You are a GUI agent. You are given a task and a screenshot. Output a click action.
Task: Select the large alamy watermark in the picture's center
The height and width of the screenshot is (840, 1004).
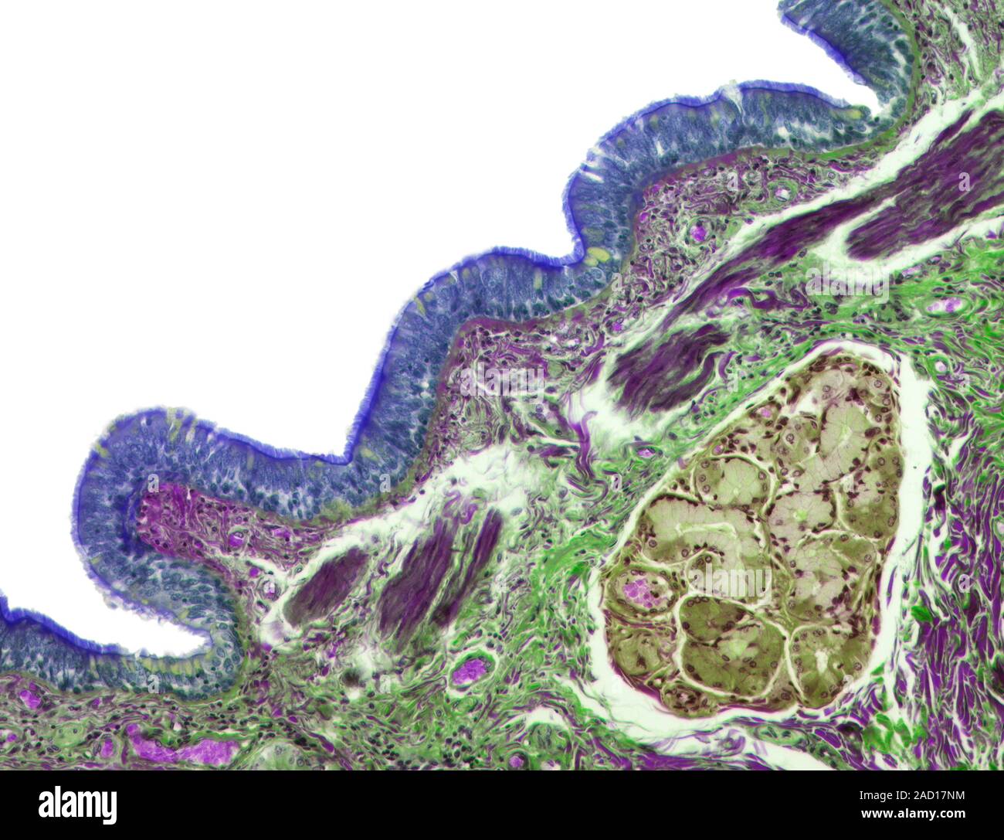[x=502, y=379]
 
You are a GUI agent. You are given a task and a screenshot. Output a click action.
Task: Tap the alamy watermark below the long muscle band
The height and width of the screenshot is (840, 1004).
[x=846, y=286]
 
